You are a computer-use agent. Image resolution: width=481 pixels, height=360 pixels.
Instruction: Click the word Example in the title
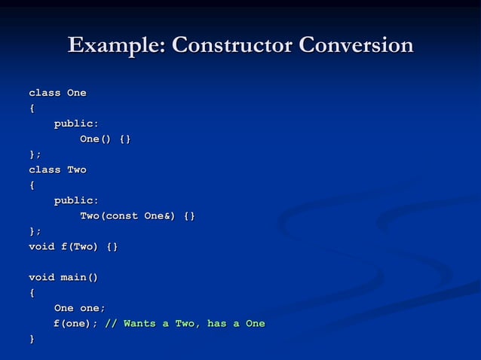point(116,45)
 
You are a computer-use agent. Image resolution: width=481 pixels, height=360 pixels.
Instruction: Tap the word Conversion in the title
point(356,45)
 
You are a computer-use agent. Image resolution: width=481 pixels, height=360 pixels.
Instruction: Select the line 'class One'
point(57,93)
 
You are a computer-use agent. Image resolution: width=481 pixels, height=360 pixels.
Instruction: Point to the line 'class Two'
point(57,169)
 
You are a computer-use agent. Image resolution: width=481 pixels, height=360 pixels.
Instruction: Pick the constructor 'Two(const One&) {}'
point(137,216)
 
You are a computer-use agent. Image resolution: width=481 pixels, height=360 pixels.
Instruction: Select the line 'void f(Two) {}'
point(73,246)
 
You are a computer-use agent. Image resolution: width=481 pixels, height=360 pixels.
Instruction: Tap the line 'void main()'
point(63,277)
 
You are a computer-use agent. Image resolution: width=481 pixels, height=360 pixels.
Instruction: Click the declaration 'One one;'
point(79,308)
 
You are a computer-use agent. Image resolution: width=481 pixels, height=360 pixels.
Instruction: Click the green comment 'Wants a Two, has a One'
point(194,324)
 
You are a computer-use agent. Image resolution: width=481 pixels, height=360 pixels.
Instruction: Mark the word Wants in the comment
point(139,324)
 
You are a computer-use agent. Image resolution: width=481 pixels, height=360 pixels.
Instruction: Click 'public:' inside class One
point(75,124)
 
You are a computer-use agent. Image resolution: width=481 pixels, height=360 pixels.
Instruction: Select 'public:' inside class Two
point(75,200)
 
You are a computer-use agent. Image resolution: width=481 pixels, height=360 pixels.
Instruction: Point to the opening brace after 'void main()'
point(32,293)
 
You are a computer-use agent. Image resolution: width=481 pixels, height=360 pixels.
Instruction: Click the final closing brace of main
point(32,339)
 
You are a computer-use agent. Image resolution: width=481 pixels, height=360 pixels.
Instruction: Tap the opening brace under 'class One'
point(32,108)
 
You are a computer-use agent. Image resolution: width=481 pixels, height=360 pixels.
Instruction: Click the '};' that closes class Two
point(35,231)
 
